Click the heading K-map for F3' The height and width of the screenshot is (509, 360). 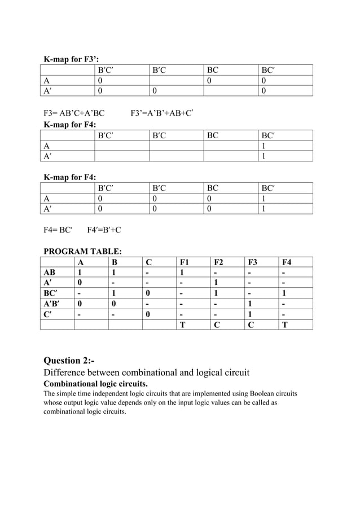[71, 59]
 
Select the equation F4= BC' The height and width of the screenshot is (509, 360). [58, 230]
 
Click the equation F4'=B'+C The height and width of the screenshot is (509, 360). [104, 230]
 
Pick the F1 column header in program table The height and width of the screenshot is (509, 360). [185, 262]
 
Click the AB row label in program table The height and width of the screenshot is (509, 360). [50, 272]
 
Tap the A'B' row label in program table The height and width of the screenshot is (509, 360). [51, 304]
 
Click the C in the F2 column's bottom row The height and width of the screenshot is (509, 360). [217, 324]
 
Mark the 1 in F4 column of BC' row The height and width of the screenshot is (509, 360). [284, 293]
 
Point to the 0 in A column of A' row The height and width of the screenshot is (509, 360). [80, 283]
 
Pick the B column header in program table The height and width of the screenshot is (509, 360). [115, 262]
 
